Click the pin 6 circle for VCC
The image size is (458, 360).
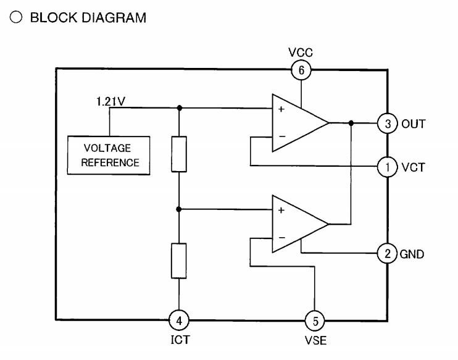click(301, 70)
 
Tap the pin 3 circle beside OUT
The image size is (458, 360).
click(388, 123)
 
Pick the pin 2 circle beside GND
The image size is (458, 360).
click(388, 253)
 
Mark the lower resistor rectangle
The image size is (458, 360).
click(179, 261)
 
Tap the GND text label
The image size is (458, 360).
click(412, 254)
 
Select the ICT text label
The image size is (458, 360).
click(179, 340)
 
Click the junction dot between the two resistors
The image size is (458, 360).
click(179, 209)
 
